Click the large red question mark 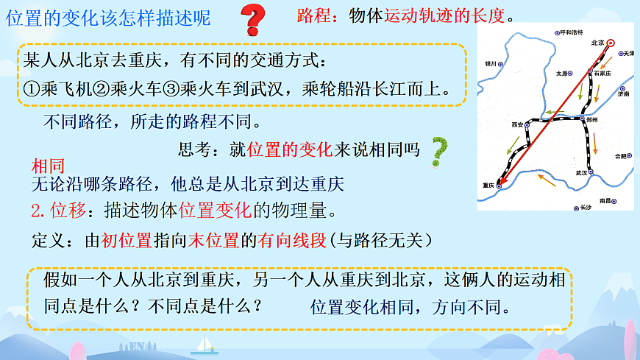click(x=253, y=21)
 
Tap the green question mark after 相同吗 click(x=440, y=149)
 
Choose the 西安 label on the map click(x=517, y=125)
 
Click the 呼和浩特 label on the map click(x=572, y=33)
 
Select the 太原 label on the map click(x=562, y=74)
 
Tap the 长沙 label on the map click(x=585, y=208)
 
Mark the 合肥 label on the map click(x=620, y=156)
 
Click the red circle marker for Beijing click(x=611, y=43)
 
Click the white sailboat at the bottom click(x=202, y=342)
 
